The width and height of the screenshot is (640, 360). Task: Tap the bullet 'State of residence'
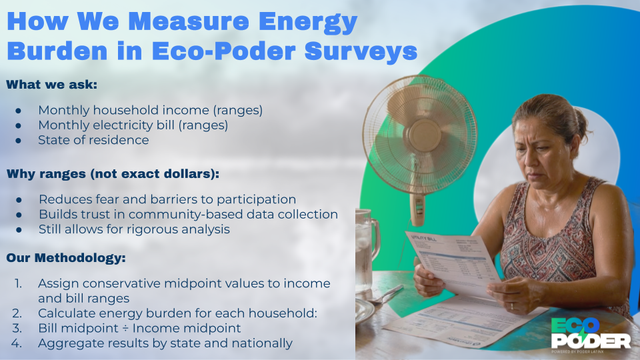pyautogui.click(x=93, y=140)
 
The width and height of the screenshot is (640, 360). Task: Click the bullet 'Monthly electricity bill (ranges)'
pyautogui.click(x=133, y=125)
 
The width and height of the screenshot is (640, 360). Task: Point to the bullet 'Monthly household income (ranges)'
pyautogui.click(x=150, y=109)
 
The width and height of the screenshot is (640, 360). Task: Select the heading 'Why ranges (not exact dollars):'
pyautogui.click(x=113, y=174)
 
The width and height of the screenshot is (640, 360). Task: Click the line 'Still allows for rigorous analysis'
pyautogui.click(x=134, y=229)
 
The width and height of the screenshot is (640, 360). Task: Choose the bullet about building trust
pyautogui.click(x=188, y=214)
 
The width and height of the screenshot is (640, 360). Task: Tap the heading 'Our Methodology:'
pyautogui.click(x=66, y=257)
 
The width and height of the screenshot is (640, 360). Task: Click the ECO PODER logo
pyautogui.click(x=591, y=333)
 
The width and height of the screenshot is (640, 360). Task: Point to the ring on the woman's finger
pyautogui.click(x=512, y=306)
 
